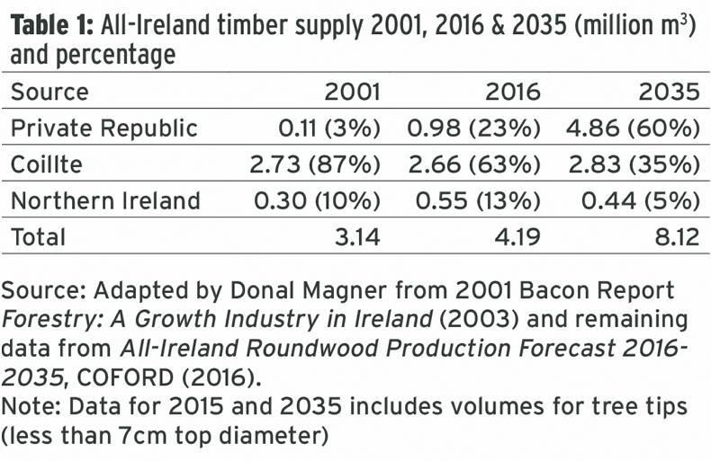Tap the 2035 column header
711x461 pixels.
[x=671, y=93]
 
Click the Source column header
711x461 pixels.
[x=50, y=93]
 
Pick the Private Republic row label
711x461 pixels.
[x=104, y=129]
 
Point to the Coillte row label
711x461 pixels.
[x=47, y=164]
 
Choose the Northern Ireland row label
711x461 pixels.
[x=105, y=200]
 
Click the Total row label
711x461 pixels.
[x=39, y=237]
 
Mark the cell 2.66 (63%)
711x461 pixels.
[x=474, y=164]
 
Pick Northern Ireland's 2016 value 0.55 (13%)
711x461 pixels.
[x=474, y=200]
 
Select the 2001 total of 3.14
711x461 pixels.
[x=355, y=237]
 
